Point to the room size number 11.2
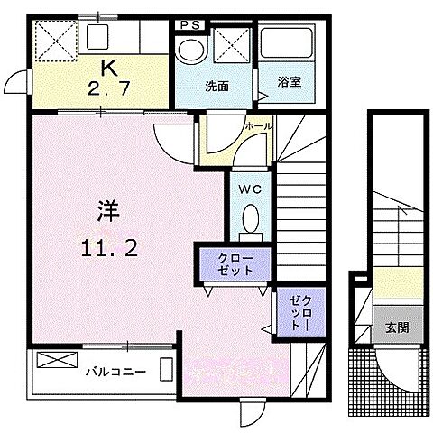tap(105, 250)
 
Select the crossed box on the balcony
tap(51, 366)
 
